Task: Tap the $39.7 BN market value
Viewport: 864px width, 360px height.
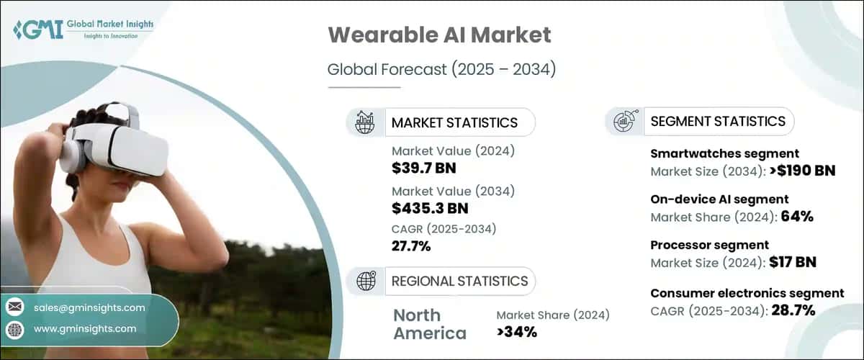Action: [424, 169]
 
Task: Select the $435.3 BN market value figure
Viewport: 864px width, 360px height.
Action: [430, 209]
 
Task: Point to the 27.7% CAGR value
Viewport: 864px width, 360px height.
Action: [411, 246]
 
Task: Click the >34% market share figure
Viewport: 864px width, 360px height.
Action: [516, 332]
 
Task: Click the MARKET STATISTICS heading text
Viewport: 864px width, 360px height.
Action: [454, 122]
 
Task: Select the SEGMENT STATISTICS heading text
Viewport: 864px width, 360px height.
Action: [718, 121]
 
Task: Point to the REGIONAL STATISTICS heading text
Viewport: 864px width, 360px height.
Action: [459, 281]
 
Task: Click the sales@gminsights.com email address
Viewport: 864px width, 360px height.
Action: [89, 307]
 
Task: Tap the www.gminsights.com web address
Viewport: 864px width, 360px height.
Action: [84, 329]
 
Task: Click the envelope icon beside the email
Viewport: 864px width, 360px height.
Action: [14, 307]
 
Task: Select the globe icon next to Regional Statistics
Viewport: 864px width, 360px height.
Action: [366, 281]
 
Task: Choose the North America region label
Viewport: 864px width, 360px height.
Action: [430, 324]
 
